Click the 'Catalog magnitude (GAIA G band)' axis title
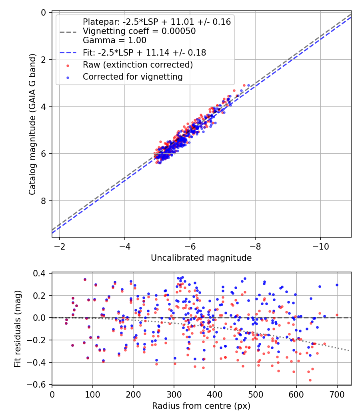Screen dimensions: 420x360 pyautogui.click(x=33, y=125)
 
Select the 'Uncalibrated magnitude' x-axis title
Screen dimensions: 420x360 pyautogui.click(x=201, y=258)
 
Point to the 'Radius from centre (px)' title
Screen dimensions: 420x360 pyautogui.click(x=201, y=406)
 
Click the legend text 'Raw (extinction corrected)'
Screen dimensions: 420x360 pyautogui.click(x=138, y=65)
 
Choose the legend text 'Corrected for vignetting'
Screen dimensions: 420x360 pyautogui.click(x=132, y=77)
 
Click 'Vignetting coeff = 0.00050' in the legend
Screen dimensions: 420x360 pyautogui.click(x=139, y=31)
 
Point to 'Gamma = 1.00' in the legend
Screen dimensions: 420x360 pyautogui.click(x=114, y=40)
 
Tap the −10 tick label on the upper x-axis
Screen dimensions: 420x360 pyautogui.click(x=320, y=245)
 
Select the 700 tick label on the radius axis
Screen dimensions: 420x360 pyautogui.click(x=337, y=394)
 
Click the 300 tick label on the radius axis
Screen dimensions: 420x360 pyautogui.click(x=174, y=394)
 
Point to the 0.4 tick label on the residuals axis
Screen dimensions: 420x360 pyautogui.click(x=41, y=274)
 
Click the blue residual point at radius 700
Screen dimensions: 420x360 pyautogui.click(x=337, y=285)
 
